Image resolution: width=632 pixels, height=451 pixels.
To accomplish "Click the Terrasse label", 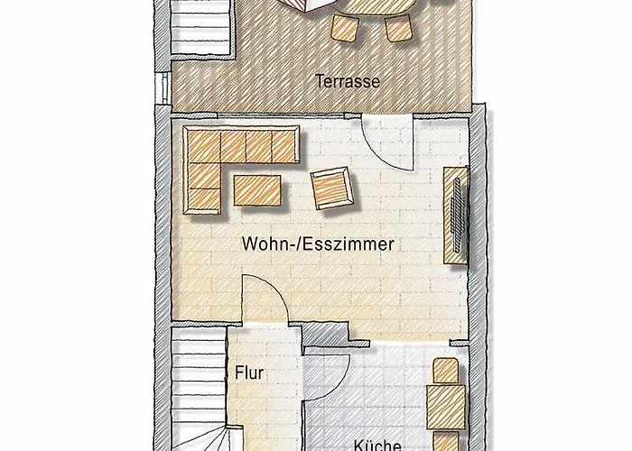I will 348,80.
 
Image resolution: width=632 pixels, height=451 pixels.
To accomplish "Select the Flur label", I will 249,372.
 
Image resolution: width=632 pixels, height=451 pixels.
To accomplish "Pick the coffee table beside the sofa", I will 257,190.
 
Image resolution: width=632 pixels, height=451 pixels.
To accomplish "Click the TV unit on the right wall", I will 457,217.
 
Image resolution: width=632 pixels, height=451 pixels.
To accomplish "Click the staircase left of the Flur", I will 198,388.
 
